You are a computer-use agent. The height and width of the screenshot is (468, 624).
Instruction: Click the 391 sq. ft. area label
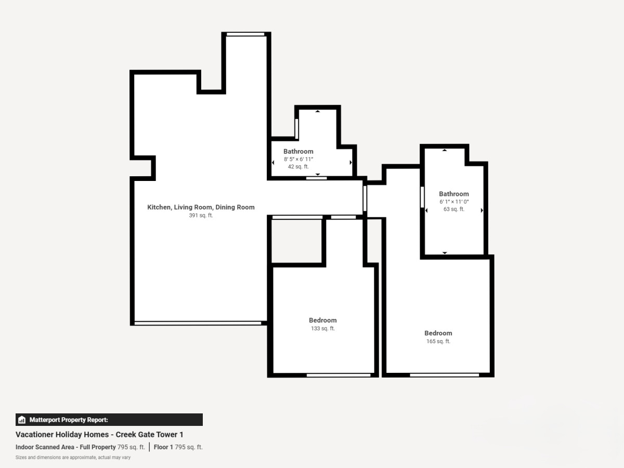pos(201,215)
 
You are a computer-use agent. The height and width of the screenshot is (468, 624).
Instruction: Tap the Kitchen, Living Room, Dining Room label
pos(201,207)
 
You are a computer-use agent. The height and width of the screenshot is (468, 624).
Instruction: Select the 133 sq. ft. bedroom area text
pos(323,329)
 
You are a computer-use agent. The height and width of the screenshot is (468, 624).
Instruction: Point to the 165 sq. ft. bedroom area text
pos(438,341)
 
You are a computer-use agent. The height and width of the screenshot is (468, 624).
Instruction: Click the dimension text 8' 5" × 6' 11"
pos(298,159)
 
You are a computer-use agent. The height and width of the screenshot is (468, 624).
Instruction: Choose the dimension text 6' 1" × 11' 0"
pos(454,202)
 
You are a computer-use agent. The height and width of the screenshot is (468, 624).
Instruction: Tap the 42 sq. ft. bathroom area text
pos(298,166)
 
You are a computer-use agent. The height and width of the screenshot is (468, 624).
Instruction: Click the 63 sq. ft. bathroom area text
pos(454,209)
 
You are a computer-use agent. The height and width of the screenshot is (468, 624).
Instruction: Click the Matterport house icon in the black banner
pos(22,420)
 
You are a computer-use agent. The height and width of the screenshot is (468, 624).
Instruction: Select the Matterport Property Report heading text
pos(69,420)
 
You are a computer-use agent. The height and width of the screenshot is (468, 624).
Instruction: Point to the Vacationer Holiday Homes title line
pos(99,435)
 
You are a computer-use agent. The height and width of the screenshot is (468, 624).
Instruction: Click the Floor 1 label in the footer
pos(163,447)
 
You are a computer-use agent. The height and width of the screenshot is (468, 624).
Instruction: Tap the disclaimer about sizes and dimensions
pos(73,458)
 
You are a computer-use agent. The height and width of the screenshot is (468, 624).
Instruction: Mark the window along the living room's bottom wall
pos(198,323)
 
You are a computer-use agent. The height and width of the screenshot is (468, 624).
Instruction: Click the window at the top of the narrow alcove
pos(245,34)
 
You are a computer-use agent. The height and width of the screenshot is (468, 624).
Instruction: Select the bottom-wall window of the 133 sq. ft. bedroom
pos(339,375)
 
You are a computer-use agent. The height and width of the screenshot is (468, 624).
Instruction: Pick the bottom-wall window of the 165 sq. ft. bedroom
pos(444,375)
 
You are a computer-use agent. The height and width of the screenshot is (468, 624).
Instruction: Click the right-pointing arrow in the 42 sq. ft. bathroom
pos(351,163)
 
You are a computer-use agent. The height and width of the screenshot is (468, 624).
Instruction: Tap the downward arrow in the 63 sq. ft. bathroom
pos(445,253)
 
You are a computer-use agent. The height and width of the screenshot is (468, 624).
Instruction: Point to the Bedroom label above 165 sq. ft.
pos(438,333)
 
